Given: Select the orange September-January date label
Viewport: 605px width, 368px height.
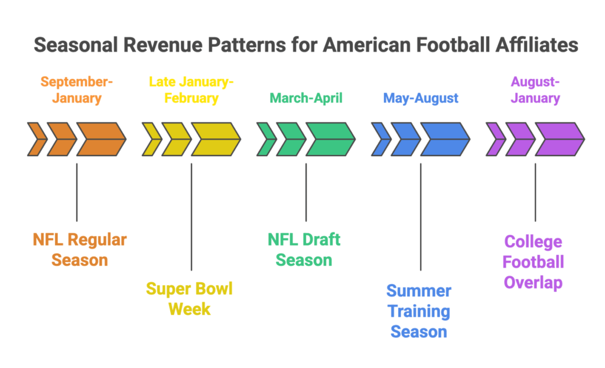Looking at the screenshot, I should [76, 89].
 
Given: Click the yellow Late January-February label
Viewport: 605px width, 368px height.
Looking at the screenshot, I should [191, 89].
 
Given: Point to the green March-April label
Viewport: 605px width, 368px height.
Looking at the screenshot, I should [305, 98].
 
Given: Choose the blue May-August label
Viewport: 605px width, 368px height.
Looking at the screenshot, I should [421, 98].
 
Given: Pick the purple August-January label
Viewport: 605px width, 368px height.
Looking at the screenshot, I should [535, 89].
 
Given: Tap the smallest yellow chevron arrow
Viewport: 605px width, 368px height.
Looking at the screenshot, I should [151, 140].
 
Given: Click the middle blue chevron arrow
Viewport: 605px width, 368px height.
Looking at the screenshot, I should [405, 140].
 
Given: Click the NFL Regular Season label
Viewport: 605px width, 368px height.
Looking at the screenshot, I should [79, 249].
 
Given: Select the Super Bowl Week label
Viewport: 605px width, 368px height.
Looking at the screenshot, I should [189, 298].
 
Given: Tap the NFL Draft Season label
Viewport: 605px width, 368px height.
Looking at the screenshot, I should [304, 249].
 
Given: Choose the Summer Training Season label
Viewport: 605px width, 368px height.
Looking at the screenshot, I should [419, 311].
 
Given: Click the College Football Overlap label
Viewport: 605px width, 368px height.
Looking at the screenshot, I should [534, 262].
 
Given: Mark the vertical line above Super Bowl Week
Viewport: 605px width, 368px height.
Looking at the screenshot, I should [191, 216].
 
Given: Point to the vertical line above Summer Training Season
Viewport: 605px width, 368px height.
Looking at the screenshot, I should [421, 216].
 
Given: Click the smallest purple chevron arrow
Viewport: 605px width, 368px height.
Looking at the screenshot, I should [495, 140].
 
